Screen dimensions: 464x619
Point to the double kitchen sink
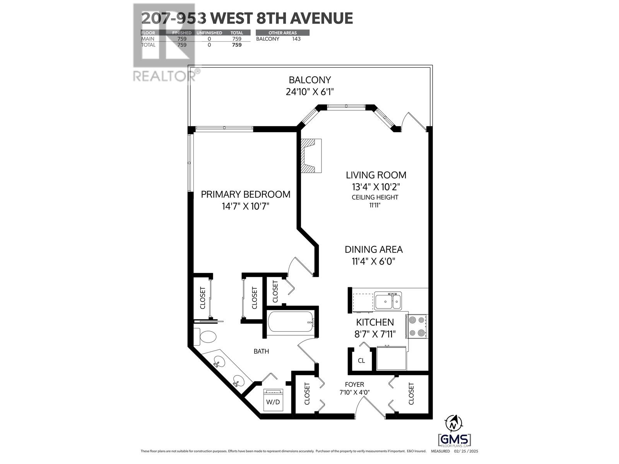click(388, 301)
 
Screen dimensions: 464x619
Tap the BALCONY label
click(310, 80)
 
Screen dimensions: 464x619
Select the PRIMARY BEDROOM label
click(245, 194)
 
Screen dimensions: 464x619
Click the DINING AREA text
click(374, 249)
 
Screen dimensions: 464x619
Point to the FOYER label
click(354, 384)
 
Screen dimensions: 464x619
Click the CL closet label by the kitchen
click(361, 361)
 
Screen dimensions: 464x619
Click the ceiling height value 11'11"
click(374, 205)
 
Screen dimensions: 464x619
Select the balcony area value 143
click(296, 39)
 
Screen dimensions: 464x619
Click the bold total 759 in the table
click(236, 45)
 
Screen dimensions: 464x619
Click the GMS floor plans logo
click(455, 440)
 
